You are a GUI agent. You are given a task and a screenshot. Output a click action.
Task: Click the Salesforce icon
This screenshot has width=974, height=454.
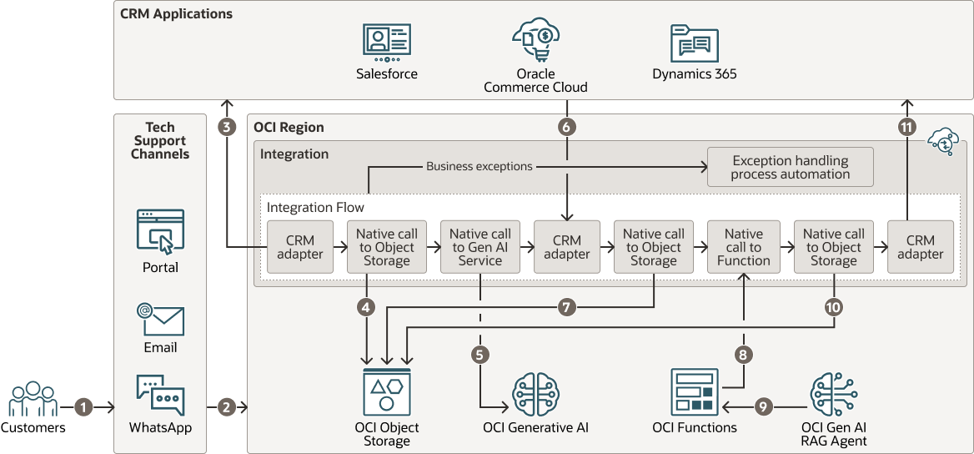pos(387,43)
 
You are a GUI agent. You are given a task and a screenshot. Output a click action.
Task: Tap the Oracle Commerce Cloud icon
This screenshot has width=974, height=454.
pos(535,38)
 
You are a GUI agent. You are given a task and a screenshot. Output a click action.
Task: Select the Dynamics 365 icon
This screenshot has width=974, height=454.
pos(695,43)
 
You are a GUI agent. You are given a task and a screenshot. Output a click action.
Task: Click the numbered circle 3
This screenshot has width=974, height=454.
pos(227,128)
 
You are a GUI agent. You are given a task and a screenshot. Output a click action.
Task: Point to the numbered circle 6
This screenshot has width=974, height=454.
pos(567,128)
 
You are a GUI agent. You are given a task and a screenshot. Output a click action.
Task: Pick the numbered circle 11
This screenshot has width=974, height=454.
pos(907,128)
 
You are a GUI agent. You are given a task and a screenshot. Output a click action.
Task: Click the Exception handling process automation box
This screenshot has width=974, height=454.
pos(790,167)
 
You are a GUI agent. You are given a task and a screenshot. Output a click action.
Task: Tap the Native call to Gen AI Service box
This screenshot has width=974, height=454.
pos(480,247)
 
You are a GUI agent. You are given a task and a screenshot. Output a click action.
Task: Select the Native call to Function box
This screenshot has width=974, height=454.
pos(743,247)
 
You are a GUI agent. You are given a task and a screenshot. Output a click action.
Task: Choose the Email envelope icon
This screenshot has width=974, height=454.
pos(160,318)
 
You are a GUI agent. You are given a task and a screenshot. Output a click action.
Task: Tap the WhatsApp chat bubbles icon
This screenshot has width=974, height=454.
pos(160,396)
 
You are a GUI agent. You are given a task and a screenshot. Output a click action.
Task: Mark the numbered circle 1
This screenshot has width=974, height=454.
pos(83,407)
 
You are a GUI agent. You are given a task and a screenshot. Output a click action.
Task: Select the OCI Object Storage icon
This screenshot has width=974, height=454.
pos(387,391)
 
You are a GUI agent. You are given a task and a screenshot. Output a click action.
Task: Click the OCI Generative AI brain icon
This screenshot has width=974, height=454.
pos(535,393)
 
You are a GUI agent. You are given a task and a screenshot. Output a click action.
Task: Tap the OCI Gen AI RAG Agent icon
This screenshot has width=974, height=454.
pos(834,394)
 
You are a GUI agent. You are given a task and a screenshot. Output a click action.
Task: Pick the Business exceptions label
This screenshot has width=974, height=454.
pos(479,166)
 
